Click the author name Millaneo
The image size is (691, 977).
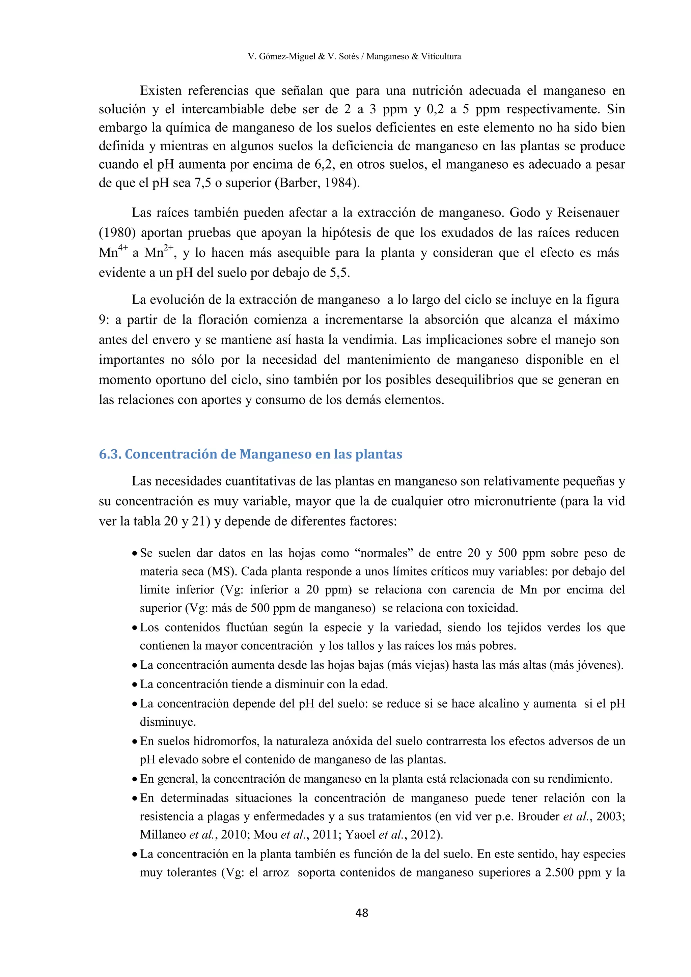click(x=163, y=835)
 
